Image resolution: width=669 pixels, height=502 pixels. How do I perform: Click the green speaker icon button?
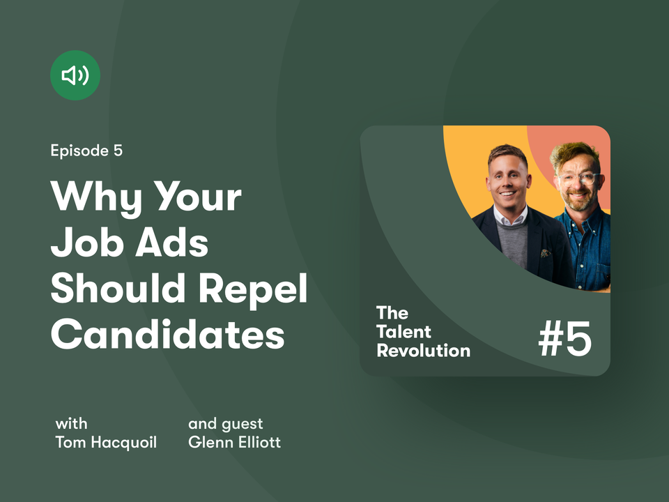[75, 75]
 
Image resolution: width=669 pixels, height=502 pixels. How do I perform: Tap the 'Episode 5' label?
[86, 151]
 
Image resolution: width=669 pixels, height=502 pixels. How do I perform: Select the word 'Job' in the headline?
[86, 242]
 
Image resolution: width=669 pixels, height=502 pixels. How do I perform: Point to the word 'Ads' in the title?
[172, 242]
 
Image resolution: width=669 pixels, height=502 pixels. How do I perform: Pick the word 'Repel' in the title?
[253, 289]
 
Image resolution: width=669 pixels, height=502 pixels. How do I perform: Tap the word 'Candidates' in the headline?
[168, 334]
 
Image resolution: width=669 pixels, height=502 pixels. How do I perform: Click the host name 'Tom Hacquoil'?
[106, 442]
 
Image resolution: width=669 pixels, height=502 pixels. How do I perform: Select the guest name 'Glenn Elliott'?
[235, 442]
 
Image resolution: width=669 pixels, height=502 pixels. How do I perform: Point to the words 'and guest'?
[226, 425]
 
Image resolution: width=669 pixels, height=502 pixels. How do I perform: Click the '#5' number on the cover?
[565, 339]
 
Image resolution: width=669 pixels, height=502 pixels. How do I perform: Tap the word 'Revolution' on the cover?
[424, 351]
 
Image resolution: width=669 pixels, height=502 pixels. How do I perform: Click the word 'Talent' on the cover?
[404, 332]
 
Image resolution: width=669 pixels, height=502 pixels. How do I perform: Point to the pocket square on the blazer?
[545, 254]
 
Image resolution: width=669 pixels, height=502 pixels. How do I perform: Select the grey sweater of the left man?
[512, 244]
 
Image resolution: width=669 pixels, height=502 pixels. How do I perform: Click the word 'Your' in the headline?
[197, 197]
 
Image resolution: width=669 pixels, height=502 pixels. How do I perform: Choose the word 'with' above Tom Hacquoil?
[72, 424]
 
